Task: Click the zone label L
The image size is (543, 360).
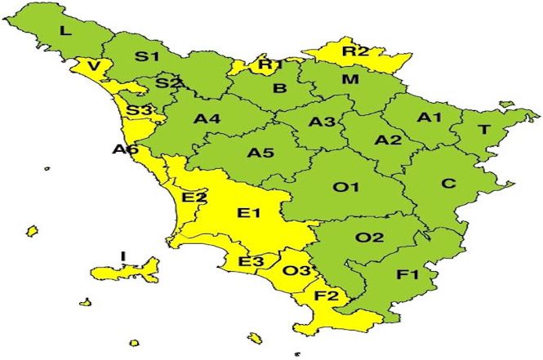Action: [65, 32]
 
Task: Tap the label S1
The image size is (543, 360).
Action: [147, 57]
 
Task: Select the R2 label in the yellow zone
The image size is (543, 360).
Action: [355, 51]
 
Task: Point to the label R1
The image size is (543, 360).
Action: [270, 65]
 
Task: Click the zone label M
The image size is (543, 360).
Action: [349, 79]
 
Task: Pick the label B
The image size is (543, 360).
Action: [279, 89]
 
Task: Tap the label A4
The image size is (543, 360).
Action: [207, 119]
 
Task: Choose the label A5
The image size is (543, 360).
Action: [260, 153]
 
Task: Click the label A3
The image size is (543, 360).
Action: [322, 122]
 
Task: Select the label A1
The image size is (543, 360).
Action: [429, 118]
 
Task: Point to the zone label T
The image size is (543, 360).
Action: [483, 131]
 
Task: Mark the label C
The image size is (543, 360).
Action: [448, 184]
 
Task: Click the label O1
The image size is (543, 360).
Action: [346, 188]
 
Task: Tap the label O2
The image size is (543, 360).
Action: [369, 238]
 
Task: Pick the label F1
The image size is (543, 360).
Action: [407, 275]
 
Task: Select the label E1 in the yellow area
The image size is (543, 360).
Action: [248, 214]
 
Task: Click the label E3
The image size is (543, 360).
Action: [251, 262]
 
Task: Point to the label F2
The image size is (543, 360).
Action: [327, 296]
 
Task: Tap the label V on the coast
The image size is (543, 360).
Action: [96, 66]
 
